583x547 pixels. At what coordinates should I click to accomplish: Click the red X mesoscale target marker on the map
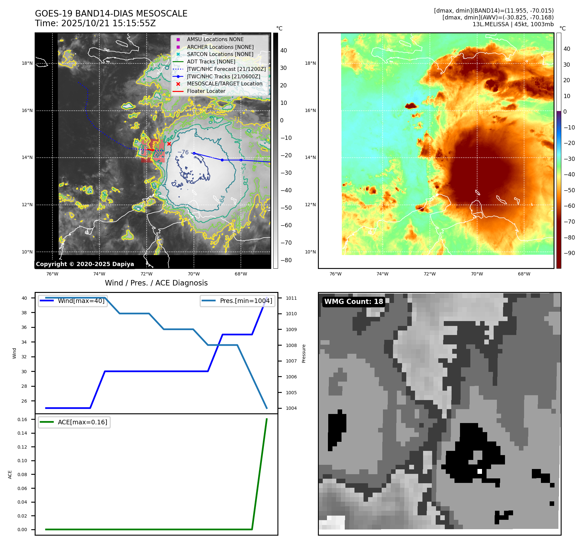[x=169, y=144]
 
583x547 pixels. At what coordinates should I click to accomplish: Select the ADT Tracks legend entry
[x=211, y=61]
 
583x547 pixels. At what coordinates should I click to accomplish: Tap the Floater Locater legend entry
[x=206, y=91]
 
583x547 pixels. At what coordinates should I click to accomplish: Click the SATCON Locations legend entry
[x=220, y=54]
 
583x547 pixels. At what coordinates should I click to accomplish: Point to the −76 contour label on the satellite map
[x=183, y=152]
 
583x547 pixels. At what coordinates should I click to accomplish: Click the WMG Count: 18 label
[x=353, y=302]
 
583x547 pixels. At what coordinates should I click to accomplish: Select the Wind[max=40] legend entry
[x=81, y=301]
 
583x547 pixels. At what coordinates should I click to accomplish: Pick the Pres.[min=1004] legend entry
[x=246, y=301]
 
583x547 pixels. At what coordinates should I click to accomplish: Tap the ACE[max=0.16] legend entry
[x=82, y=422]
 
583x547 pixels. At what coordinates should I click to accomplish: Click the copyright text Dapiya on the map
[x=85, y=264]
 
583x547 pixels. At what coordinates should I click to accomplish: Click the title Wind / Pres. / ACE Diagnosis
[x=156, y=283]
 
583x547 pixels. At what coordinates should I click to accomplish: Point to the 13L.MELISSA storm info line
[x=513, y=24]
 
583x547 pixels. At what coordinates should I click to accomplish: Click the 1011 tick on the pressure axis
[x=291, y=298]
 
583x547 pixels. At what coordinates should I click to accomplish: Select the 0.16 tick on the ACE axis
[x=22, y=419]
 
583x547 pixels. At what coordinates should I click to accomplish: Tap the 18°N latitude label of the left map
[x=27, y=63]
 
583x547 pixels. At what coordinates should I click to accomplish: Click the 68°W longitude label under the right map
[x=524, y=274]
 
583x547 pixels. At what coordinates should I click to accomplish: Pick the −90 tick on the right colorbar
[x=569, y=253]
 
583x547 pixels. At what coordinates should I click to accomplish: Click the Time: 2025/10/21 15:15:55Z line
[x=95, y=23]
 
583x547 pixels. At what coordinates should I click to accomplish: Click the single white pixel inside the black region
[x=479, y=471]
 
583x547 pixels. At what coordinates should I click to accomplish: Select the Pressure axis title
[x=304, y=353]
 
